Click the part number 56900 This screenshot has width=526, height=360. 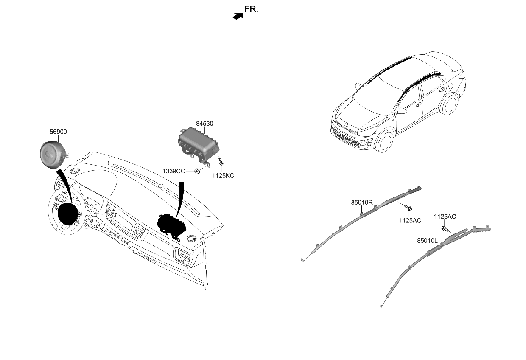[58, 132]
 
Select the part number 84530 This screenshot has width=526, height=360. [204, 124]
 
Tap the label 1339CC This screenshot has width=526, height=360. [174, 172]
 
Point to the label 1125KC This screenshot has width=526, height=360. [223, 176]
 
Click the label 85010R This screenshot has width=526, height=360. [362, 202]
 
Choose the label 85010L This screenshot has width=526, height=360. [428, 241]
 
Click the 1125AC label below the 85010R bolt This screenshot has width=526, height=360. [410, 220]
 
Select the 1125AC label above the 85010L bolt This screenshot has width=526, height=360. [445, 217]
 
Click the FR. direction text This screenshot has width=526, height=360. [251, 9]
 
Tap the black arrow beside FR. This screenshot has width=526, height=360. [238, 16]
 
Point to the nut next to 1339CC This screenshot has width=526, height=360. [197, 172]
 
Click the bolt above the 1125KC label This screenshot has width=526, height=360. [221, 161]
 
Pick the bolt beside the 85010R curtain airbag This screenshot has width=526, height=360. [408, 208]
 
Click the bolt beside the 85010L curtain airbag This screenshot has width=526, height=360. [445, 228]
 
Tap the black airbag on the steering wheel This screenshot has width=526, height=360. [68, 214]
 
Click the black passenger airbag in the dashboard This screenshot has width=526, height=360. [171, 227]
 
